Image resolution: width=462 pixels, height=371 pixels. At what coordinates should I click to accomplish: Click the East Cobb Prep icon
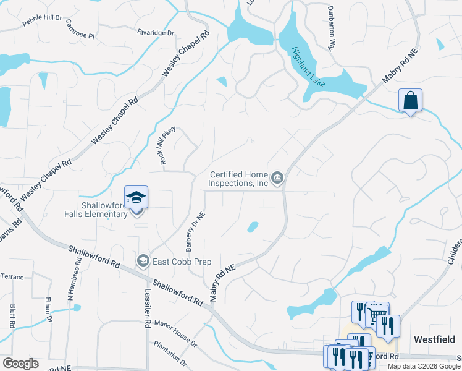pyautogui.click(x=143, y=261)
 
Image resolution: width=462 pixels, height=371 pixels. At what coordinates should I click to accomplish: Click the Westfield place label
pyautogui.click(x=435, y=339)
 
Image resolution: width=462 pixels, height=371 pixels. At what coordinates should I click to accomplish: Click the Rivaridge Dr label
pyautogui.click(x=156, y=32)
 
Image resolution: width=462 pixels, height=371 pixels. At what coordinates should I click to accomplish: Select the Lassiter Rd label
pyautogui.click(x=148, y=309)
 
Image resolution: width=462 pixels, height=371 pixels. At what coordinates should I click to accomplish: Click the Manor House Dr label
pyautogui.click(x=175, y=333)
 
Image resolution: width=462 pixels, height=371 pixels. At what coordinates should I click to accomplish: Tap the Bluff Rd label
pyautogui.click(x=12, y=315)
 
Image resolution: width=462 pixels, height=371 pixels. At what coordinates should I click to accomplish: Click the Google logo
pyautogui.click(x=20, y=364)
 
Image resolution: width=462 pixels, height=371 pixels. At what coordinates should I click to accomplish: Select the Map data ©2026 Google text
pyautogui.click(x=424, y=366)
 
